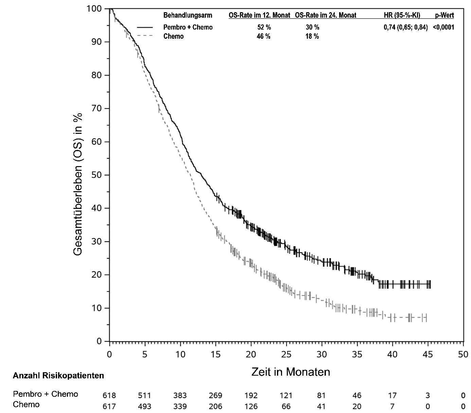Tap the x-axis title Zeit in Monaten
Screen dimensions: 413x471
click(291, 372)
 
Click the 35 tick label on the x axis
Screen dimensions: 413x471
click(357, 354)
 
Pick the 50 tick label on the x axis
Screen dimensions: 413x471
click(463, 354)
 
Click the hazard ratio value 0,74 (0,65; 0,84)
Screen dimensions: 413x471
click(405, 28)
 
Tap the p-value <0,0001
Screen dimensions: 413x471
click(443, 28)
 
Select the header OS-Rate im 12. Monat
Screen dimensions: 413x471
click(259, 15)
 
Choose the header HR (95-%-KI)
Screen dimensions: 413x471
click(402, 15)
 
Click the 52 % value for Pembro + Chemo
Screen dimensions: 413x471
click(264, 28)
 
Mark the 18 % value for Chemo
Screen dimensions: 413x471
click(312, 36)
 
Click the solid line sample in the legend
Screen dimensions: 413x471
click(145, 28)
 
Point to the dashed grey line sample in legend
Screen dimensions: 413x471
click(145, 36)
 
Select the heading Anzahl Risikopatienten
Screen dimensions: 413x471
click(58, 376)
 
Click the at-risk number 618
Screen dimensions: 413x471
click(109, 395)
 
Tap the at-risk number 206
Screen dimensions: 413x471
click(215, 406)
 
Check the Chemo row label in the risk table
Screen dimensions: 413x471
click(26, 405)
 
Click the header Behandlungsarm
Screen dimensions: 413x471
click(188, 15)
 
